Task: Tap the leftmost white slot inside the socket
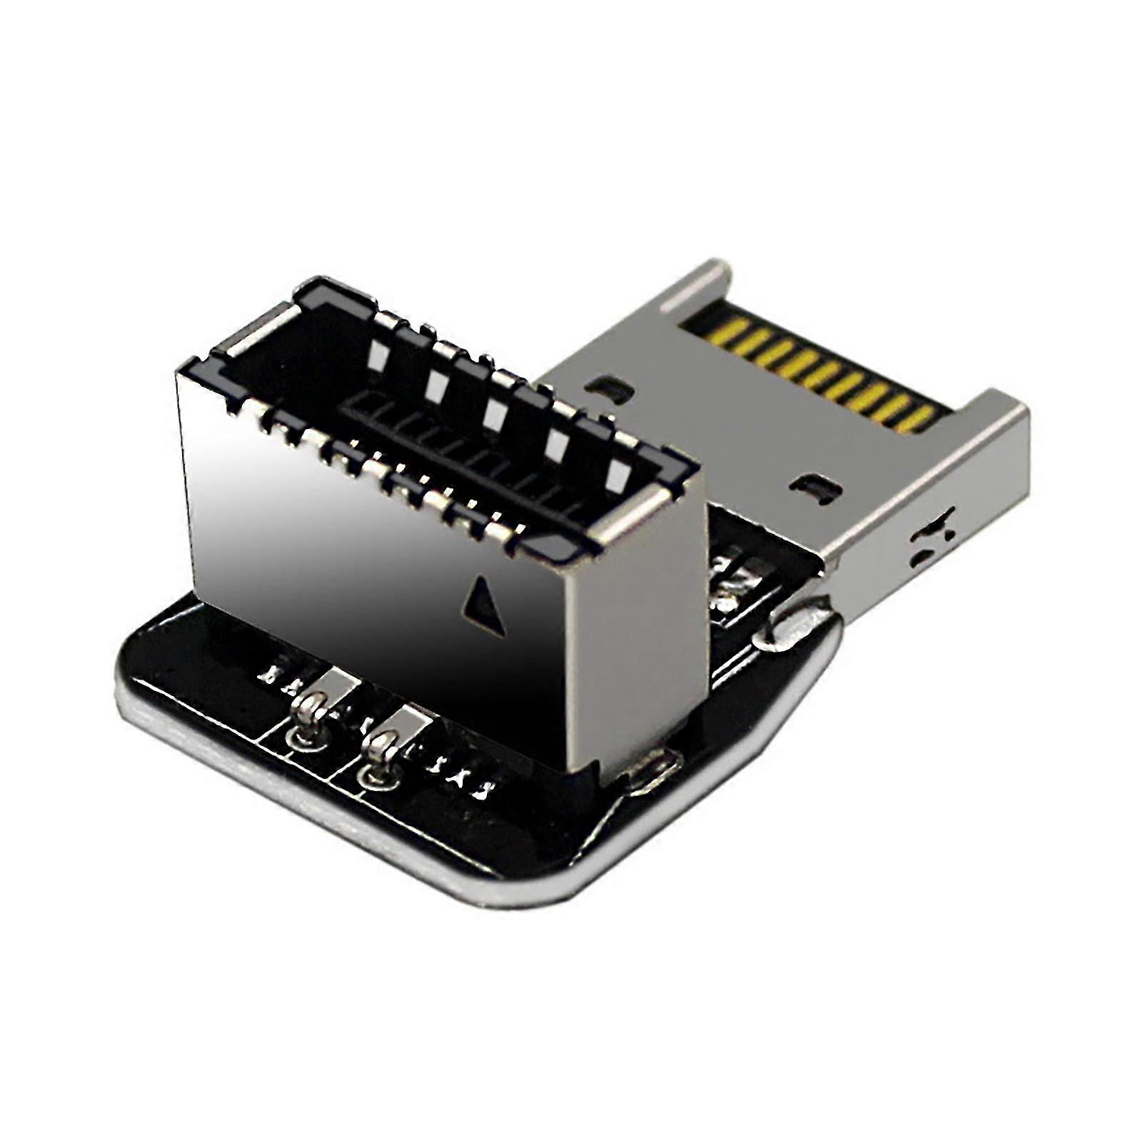click(376, 349)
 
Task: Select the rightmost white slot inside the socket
click(618, 474)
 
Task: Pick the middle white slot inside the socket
click(495, 412)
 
